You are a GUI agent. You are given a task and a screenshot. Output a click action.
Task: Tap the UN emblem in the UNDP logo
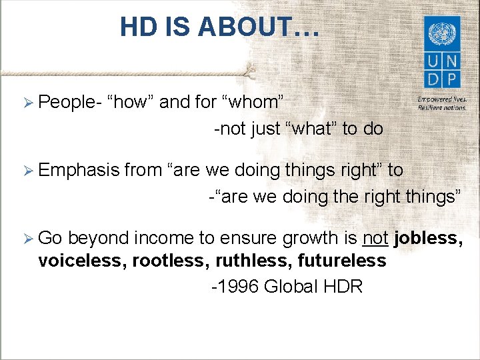click(441, 33)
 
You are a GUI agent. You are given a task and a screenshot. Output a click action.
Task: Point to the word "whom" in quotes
click(257, 102)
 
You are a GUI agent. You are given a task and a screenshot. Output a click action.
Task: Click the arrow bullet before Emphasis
click(27, 170)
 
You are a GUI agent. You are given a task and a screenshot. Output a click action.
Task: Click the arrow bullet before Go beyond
click(27, 239)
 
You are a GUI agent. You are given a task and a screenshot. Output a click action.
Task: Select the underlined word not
click(375, 238)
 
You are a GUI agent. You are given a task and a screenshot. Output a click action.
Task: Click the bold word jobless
click(427, 238)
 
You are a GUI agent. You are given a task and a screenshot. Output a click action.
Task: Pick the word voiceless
click(83, 261)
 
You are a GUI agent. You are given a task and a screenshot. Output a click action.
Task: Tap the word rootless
click(171, 261)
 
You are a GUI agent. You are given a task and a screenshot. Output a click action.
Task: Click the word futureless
click(343, 261)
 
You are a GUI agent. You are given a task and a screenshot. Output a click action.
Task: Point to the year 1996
click(237, 287)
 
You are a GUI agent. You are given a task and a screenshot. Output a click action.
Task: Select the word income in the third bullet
click(186, 238)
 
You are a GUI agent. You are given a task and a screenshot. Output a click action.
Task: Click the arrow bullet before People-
click(27, 102)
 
